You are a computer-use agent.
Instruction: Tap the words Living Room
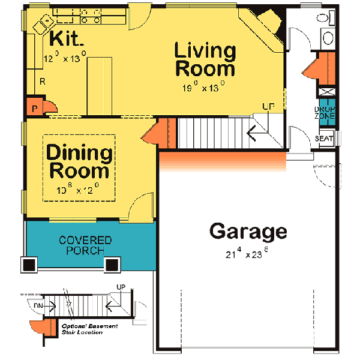point(205,59)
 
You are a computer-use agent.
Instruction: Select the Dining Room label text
point(79,162)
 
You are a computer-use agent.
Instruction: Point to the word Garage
point(248,232)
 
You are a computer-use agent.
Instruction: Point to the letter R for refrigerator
point(42,80)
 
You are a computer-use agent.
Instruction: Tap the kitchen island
point(100,85)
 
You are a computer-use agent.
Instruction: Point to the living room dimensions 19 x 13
point(204,87)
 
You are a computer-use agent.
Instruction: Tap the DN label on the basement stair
point(38,305)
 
